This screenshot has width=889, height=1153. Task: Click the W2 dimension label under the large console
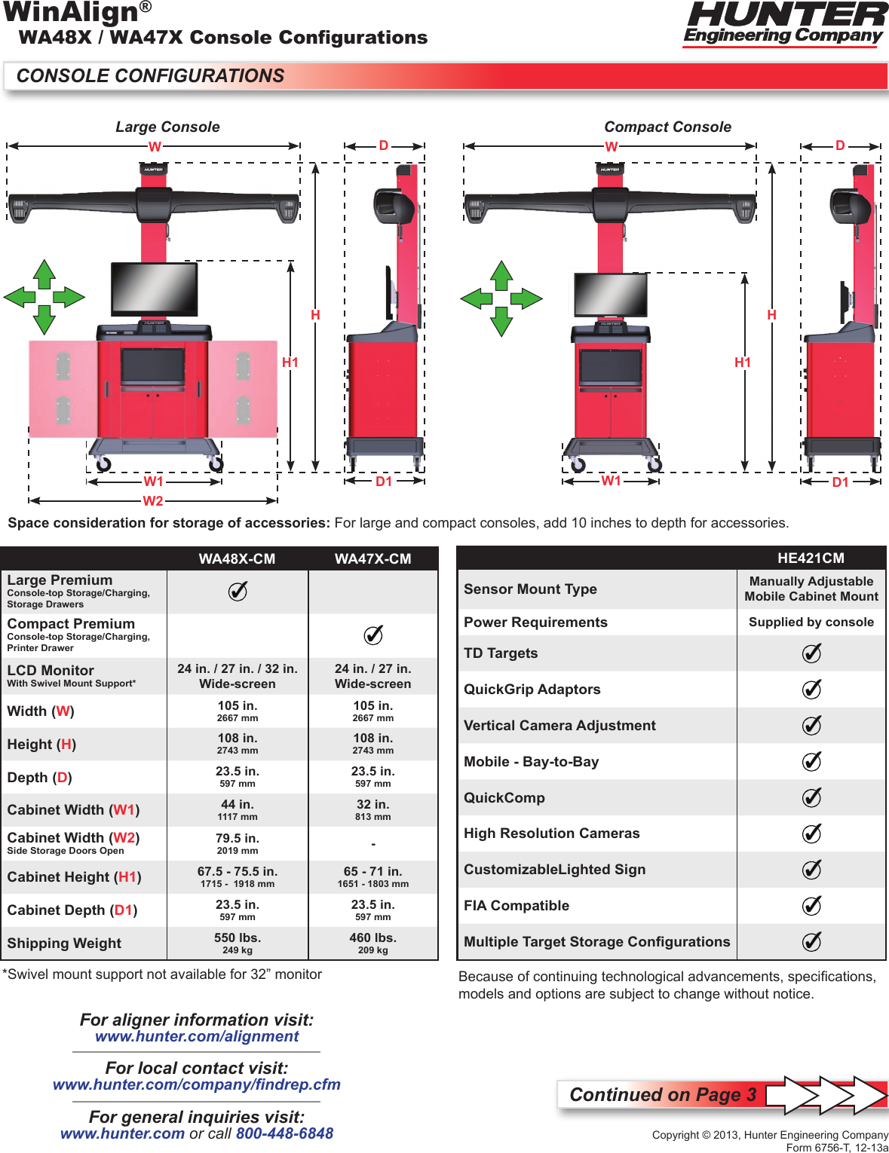click(153, 501)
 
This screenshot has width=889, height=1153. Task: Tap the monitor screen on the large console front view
click(155, 289)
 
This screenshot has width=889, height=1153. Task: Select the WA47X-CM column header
click(372, 559)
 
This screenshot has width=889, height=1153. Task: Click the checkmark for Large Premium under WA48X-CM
click(238, 592)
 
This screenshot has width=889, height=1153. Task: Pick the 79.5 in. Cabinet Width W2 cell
click(238, 843)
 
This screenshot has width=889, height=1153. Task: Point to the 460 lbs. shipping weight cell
click(372, 943)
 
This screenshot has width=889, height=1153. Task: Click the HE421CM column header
click(811, 558)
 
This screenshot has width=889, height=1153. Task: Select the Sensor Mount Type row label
click(530, 589)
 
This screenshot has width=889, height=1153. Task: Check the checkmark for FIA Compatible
click(811, 906)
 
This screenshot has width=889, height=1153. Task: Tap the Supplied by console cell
click(811, 622)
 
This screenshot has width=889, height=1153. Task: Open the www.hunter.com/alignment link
click(197, 1037)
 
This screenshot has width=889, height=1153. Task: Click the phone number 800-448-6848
click(284, 1133)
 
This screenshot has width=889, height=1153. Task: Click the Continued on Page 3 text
click(662, 1095)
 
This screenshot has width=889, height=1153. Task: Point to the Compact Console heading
click(667, 127)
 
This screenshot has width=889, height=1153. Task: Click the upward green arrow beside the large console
click(44, 274)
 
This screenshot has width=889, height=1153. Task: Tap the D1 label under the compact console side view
click(840, 482)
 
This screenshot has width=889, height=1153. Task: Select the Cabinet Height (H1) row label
click(74, 877)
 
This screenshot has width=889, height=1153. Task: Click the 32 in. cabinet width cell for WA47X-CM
click(372, 809)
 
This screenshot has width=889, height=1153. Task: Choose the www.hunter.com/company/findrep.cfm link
click(196, 1085)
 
